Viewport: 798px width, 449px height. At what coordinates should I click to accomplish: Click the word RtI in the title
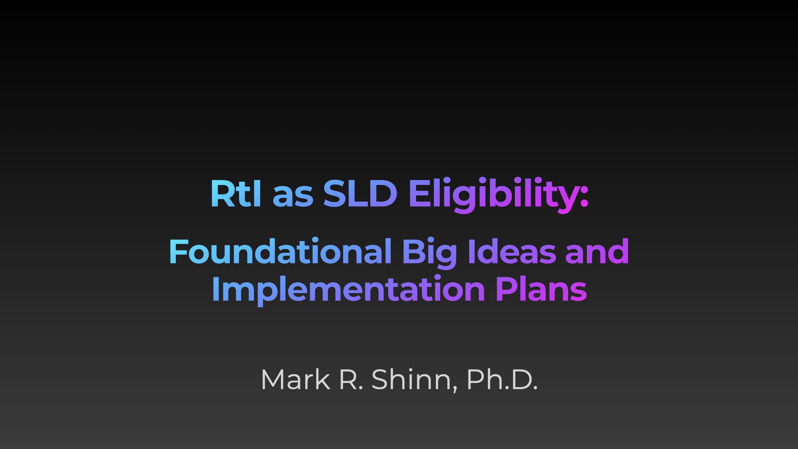[x=236, y=193]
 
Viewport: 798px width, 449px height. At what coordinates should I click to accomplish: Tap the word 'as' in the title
[x=293, y=197]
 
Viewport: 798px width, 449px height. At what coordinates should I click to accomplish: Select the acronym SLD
[x=360, y=193]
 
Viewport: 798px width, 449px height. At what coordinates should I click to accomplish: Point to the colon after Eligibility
[x=584, y=197]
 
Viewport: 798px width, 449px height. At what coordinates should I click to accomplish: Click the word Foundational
[x=281, y=252]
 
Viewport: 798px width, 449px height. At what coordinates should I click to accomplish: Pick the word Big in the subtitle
[x=429, y=254]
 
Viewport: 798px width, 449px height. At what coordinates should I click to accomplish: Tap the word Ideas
[x=512, y=252]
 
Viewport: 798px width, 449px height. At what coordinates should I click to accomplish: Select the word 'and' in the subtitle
[x=597, y=252]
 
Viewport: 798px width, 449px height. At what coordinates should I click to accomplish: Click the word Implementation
[x=348, y=290]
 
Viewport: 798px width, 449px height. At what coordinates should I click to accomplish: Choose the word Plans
[x=541, y=288]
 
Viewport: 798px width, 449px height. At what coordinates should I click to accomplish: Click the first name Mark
[x=295, y=379]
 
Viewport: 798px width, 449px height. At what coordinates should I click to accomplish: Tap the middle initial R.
[x=352, y=380]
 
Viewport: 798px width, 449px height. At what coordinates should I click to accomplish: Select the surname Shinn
[x=412, y=379]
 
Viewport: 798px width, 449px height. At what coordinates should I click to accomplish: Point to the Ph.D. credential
[x=502, y=379]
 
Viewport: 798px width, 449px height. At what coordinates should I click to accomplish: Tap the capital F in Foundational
[x=179, y=252]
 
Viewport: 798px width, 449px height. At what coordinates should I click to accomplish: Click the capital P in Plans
[x=506, y=289]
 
